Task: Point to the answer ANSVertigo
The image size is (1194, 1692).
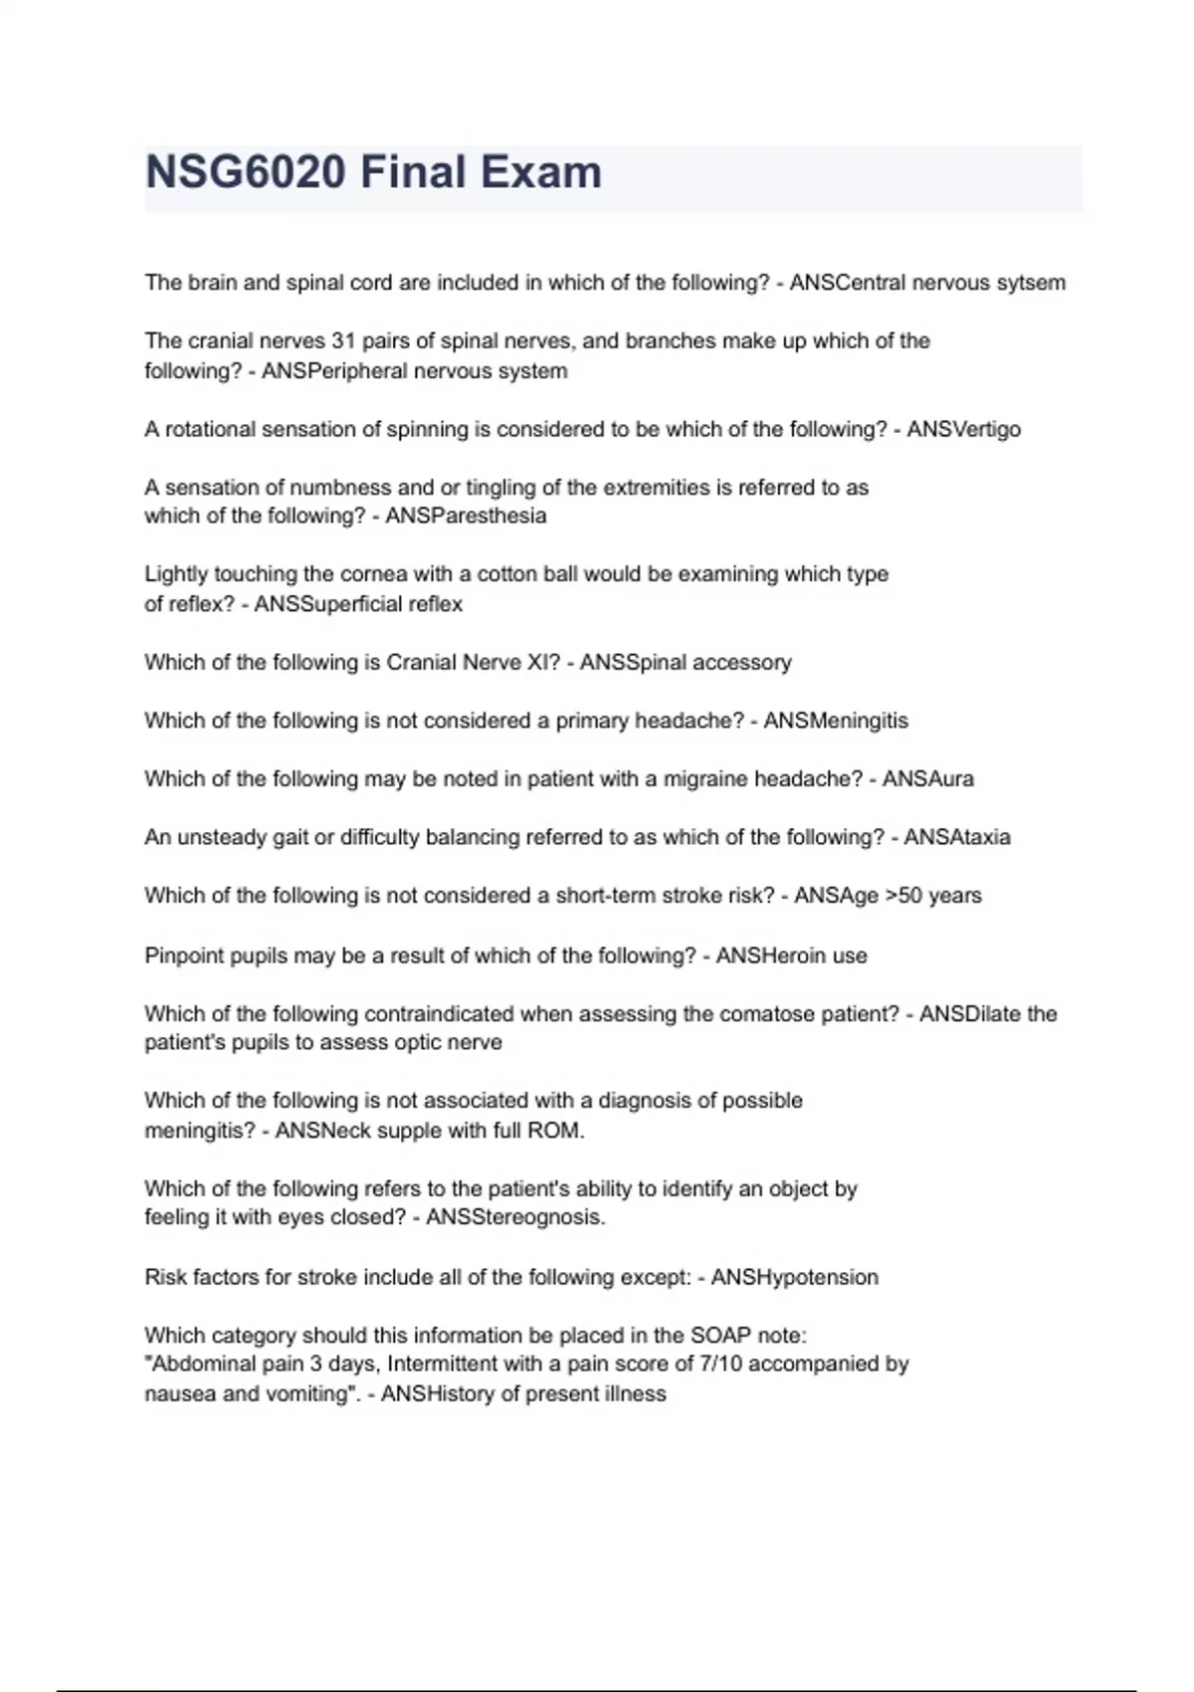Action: click(963, 430)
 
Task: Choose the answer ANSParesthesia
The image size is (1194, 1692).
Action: click(466, 516)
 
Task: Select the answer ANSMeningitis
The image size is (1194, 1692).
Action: click(836, 721)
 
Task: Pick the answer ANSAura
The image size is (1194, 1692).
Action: click(927, 779)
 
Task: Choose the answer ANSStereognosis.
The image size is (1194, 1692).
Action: click(515, 1217)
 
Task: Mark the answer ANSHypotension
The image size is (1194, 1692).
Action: click(794, 1278)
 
